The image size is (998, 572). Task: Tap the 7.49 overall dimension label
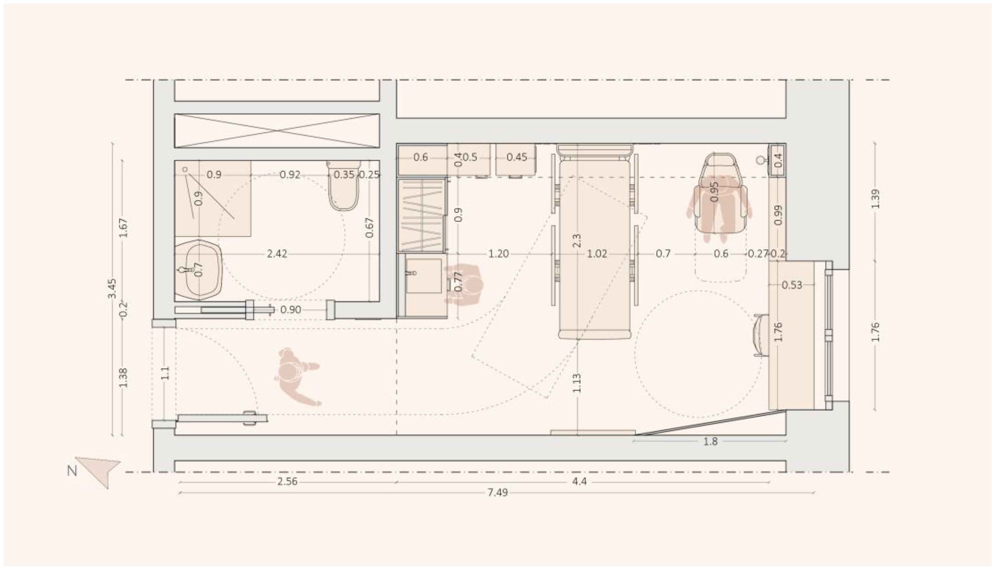tap(497, 492)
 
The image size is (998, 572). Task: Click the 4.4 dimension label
tap(579, 481)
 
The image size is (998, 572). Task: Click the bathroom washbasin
tap(199, 270)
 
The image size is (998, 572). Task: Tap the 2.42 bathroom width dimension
tap(277, 254)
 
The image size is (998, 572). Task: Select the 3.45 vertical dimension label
tap(112, 288)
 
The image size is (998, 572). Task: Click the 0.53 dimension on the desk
tap(791, 285)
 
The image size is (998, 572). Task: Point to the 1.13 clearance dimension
tap(577, 383)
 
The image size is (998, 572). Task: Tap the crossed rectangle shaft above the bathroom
tap(277, 131)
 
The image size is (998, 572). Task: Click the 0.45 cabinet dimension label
tap(516, 157)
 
